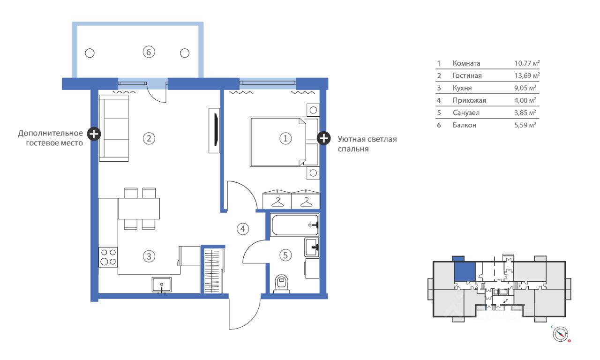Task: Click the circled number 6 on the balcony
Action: (x=149, y=52)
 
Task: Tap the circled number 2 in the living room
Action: (x=149, y=138)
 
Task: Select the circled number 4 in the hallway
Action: (x=243, y=229)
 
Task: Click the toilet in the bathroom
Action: (x=281, y=284)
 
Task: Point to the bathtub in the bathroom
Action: (x=294, y=225)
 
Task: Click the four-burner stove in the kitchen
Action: (x=108, y=257)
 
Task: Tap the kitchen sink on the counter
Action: (x=162, y=285)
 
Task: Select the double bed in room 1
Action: (x=285, y=142)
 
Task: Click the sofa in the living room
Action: (x=114, y=128)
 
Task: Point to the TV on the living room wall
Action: (x=214, y=130)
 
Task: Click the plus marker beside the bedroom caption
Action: (x=323, y=138)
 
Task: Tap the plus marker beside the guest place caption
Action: (x=94, y=134)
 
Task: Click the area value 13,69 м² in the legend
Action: (x=527, y=75)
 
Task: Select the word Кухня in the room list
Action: (x=462, y=88)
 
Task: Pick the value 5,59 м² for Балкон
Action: (x=525, y=125)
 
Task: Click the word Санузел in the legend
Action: (x=466, y=113)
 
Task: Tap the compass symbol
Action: (x=560, y=334)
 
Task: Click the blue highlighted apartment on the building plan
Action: (x=465, y=271)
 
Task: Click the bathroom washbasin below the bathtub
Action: (x=312, y=247)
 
